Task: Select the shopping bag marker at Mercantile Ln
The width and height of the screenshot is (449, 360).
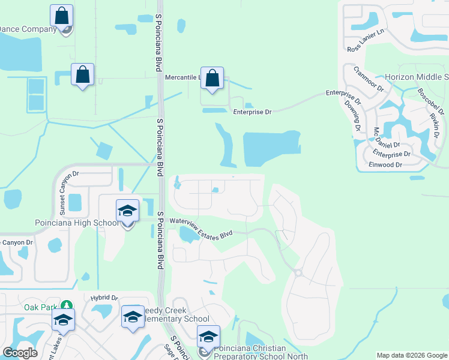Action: click(212, 78)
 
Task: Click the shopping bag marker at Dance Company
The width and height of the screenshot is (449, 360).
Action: click(61, 16)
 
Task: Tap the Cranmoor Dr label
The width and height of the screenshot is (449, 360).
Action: click(368, 78)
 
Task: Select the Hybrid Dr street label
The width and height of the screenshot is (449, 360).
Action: click(105, 298)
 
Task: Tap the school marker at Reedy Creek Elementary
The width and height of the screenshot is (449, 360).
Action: click(133, 317)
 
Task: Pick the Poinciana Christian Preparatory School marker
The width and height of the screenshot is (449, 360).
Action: click(208, 337)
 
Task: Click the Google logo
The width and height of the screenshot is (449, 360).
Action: click(20, 353)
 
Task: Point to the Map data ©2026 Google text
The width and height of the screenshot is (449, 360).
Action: click(412, 355)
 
